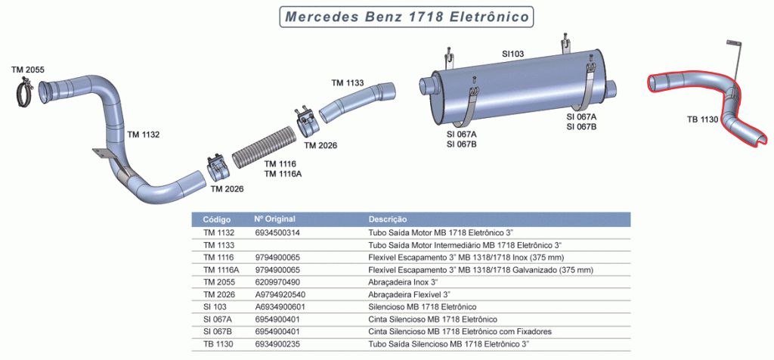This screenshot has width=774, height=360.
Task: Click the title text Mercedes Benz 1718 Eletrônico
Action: pyautogui.click(x=407, y=17)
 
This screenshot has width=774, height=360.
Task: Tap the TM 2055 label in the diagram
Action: pyautogui.click(x=28, y=70)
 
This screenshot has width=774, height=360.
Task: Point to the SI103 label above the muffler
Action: pyautogui.click(x=513, y=54)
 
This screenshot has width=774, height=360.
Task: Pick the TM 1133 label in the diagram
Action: pyautogui.click(x=348, y=83)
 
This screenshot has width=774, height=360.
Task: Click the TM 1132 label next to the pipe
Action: pyautogui.click(x=143, y=135)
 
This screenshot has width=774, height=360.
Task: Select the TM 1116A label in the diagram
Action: pyautogui.click(x=283, y=173)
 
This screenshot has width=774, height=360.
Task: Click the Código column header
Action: pyautogui.click(x=217, y=219)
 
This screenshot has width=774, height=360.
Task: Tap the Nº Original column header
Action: pyautogui.click(x=274, y=219)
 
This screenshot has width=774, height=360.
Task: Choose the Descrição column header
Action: pyautogui.click(x=388, y=219)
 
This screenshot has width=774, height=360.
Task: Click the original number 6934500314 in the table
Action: pyautogui.click(x=277, y=232)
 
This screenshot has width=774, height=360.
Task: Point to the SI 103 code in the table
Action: pyautogui.click(x=215, y=306)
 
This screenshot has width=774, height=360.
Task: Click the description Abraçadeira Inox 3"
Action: pyautogui.click(x=404, y=282)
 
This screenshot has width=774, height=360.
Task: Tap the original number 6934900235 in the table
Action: pyautogui.click(x=277, y=343)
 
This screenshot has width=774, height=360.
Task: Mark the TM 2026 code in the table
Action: pyautogui.click(x=218, y=294)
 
